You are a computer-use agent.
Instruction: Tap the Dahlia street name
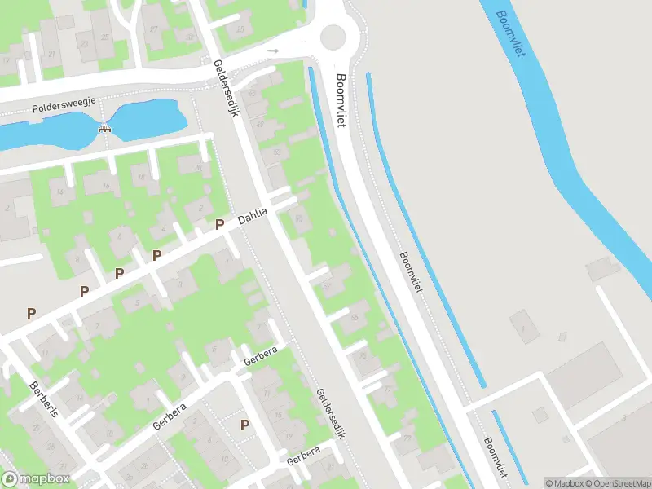click(253, 216)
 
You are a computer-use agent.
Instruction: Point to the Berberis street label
click(44, 399)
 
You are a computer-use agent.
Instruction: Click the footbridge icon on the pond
click(104, 128)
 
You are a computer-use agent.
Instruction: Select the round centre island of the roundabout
click(333, 37)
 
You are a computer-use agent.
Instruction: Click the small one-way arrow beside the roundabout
click(274, 51)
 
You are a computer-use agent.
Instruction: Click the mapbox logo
click(37, 478)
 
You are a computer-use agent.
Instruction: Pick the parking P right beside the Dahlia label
click(219, 224)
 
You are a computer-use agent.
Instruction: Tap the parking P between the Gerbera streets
click(244, 425)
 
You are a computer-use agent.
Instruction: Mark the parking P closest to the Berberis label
click(32, 312)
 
